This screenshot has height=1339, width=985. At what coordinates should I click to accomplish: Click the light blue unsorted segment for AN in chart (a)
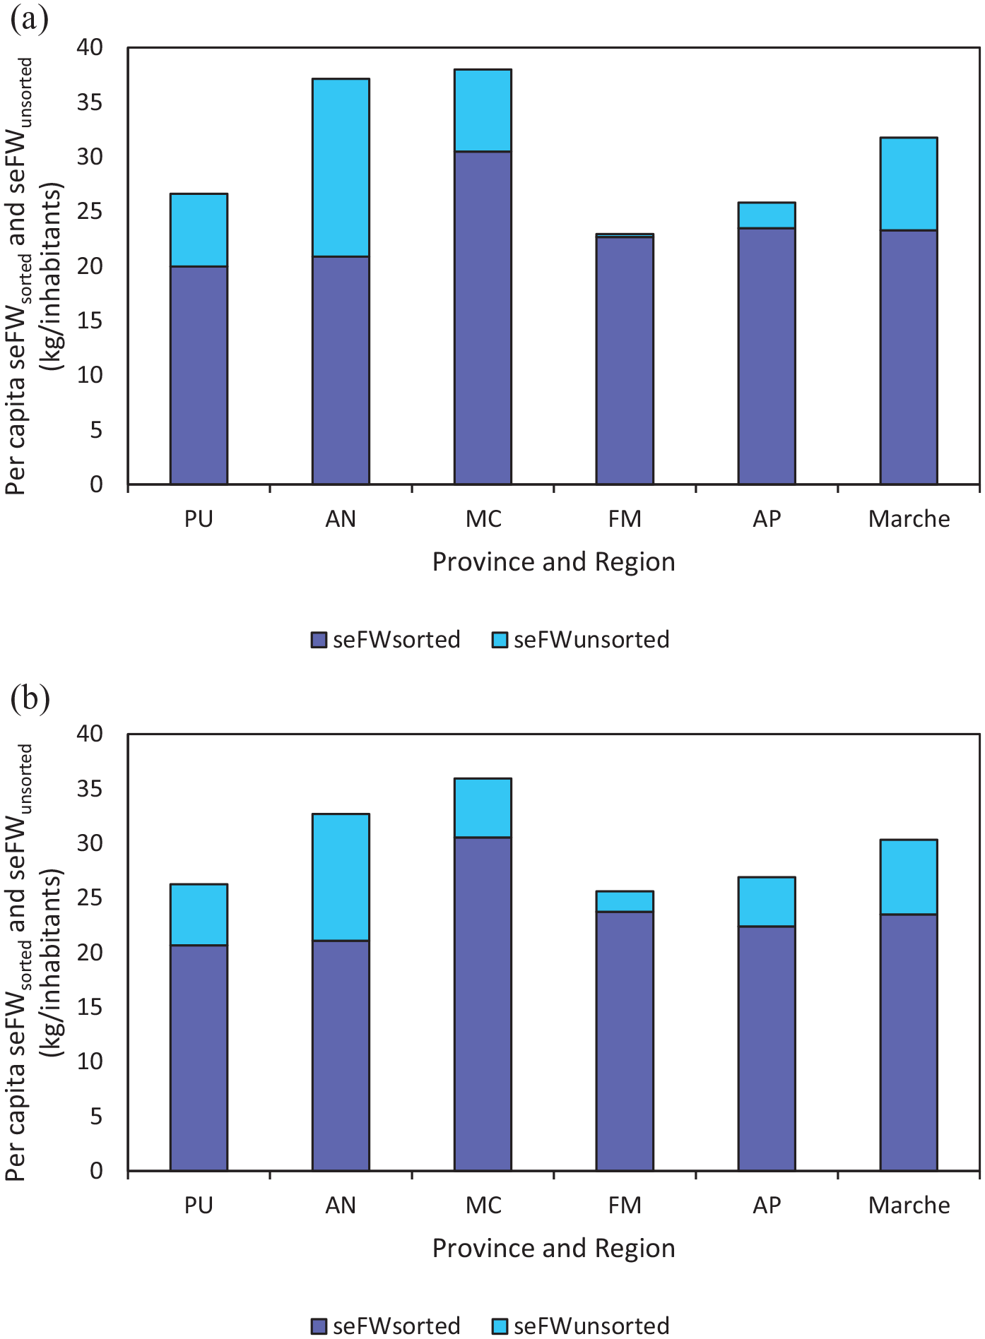point(341,167)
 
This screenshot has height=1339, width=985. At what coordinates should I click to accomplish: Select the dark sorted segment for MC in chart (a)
point(483,318)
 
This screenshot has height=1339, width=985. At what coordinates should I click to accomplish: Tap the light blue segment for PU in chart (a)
point(199,230)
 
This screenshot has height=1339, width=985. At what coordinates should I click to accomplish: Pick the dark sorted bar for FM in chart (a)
point(625,360)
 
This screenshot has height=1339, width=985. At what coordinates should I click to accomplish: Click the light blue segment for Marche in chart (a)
point(909,184)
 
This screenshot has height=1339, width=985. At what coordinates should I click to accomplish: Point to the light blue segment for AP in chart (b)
point(767,902)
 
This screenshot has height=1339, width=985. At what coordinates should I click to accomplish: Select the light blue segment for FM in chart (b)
point(625,902)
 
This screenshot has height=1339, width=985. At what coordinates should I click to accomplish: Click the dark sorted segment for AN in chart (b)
point(341,1056)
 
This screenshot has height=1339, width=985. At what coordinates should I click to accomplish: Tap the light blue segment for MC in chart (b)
point(483,808)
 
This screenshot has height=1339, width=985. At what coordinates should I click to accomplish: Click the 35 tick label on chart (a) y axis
point(90,102)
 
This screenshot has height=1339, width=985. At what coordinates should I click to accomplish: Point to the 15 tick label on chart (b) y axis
point(90,1007)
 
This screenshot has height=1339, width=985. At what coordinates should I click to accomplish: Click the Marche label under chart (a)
point(909,519)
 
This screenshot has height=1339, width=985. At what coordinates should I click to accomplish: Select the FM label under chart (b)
point(625,1206)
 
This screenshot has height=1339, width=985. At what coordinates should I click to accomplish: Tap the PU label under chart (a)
point(199,519)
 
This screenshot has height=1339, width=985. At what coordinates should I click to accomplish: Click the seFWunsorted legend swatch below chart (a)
point(500,640)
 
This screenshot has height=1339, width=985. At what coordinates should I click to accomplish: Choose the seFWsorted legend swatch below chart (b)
point(319,1326)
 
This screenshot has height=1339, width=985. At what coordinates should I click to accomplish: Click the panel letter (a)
point(29,19)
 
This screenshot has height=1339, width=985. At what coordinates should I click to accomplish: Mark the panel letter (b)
point(30,699)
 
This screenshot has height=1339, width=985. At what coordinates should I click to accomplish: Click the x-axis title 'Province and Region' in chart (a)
point(554,562)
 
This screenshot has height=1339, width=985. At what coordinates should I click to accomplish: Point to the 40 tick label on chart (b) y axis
point(90,734)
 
